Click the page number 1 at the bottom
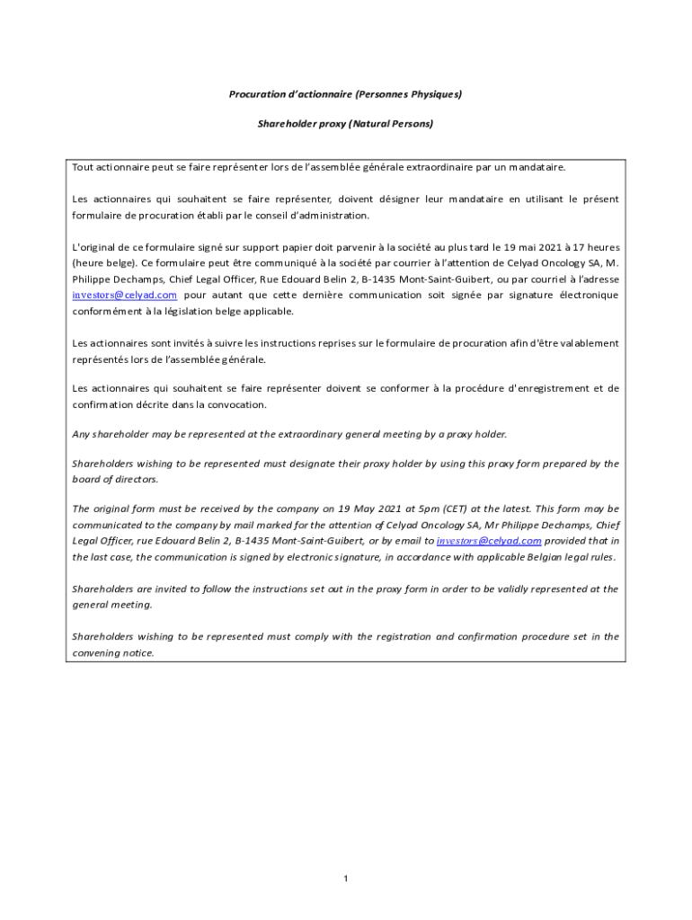click(x=346, y=878)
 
